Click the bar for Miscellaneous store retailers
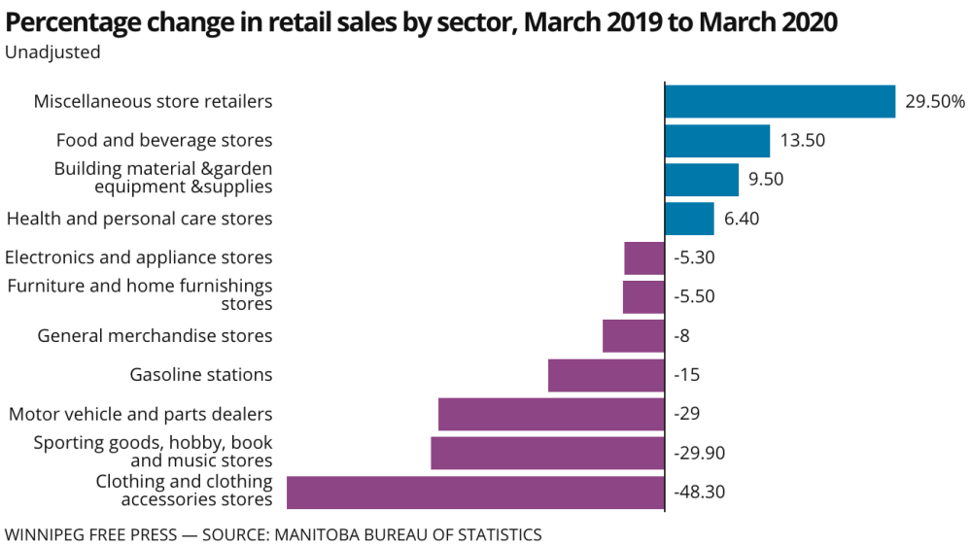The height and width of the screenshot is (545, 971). [780, 101]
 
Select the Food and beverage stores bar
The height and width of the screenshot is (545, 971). [717, 141]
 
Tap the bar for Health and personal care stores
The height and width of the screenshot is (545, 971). [689, 219]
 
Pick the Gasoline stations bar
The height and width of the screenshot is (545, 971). [607, 375]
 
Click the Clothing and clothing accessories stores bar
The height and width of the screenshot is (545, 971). [475, 493]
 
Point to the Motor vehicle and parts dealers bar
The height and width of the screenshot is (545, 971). [551, 414]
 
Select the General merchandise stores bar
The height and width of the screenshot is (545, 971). [634, 336]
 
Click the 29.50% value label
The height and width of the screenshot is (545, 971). [935, 101]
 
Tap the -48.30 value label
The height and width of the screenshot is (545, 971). [699, 492]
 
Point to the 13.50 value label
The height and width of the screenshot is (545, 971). [802, 140]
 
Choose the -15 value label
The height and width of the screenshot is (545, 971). [686, 375]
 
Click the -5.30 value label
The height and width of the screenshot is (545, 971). [694, 257]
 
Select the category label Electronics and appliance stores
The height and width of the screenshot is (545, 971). [139, 257]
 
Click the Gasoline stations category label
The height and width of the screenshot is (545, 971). [201, 375]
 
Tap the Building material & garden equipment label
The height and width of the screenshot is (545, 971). [163, 178]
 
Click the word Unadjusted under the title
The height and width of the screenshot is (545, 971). [52, 52]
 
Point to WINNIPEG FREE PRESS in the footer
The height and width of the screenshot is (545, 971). [88, 534]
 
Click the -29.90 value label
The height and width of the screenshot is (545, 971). [699, 453]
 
